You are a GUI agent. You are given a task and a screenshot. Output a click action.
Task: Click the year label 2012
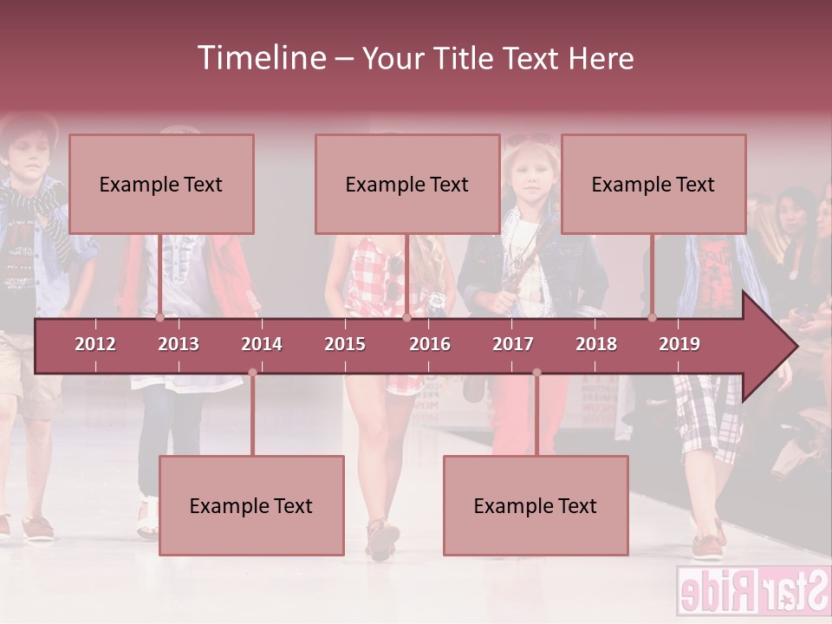point(95,344)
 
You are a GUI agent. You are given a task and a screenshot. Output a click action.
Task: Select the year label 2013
point(179,344)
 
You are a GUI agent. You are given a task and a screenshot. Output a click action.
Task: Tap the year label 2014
point(262,344)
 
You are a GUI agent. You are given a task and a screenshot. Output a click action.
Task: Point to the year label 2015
point(345,344)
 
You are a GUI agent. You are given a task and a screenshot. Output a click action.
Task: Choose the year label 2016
point(430,344)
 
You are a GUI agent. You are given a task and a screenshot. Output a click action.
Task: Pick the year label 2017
point(513,344)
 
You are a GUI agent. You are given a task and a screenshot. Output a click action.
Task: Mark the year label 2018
point(596,344)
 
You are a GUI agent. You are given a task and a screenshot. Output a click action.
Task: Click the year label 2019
point(679,344)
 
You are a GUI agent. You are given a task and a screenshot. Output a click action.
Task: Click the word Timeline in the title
point(261,58)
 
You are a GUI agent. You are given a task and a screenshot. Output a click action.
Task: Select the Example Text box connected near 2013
point(161,184)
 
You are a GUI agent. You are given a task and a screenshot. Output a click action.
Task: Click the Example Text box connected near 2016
point(407,184)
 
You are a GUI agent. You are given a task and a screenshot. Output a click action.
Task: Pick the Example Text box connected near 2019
point(653,184)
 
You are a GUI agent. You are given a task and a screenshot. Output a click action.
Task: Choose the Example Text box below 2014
point(251,505)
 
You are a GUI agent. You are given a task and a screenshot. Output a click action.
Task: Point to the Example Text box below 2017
point(536,505)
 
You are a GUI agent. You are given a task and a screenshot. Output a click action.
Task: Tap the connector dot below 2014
point(252,373)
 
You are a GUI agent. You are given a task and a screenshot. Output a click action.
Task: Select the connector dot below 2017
point(536,373)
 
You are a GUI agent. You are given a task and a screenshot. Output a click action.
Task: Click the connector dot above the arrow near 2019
point(653,317)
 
